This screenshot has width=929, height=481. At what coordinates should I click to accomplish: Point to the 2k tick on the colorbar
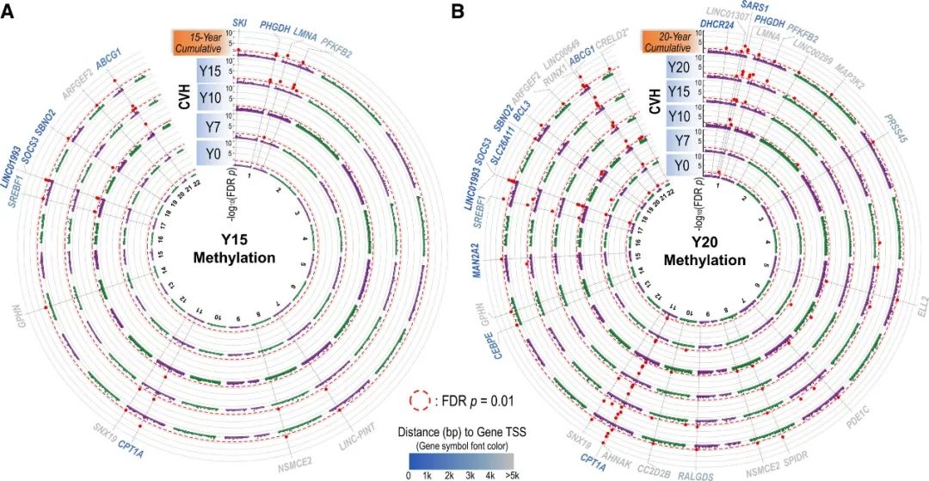click(450, 474)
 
